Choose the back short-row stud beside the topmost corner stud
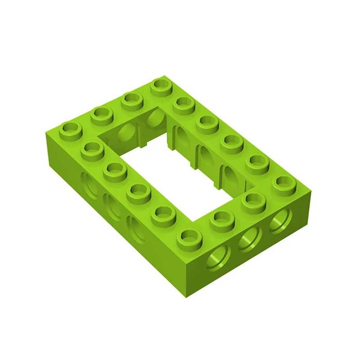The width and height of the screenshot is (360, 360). point(131,99)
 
